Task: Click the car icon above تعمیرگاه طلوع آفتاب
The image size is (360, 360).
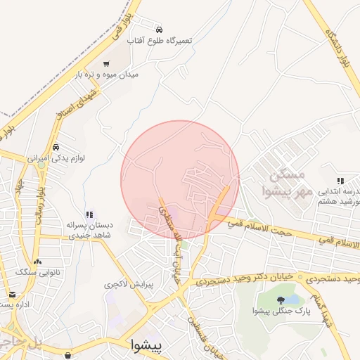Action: click(160, 30)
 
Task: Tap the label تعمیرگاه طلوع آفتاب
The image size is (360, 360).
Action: click(159, 41)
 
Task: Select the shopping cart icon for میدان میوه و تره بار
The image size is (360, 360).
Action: click(106, 63)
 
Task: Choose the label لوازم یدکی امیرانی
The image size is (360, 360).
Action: click(56, 158)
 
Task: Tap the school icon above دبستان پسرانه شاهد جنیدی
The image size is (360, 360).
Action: click(89, 214)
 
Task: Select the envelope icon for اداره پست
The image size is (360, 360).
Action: click(12, 294)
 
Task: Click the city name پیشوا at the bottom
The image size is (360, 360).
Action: click(146, 345)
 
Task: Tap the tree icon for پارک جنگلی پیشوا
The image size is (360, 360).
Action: click(281, 300)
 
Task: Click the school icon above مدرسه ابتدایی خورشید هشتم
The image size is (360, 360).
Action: click(341, 181)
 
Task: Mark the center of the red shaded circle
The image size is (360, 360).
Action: click(180, 180)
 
